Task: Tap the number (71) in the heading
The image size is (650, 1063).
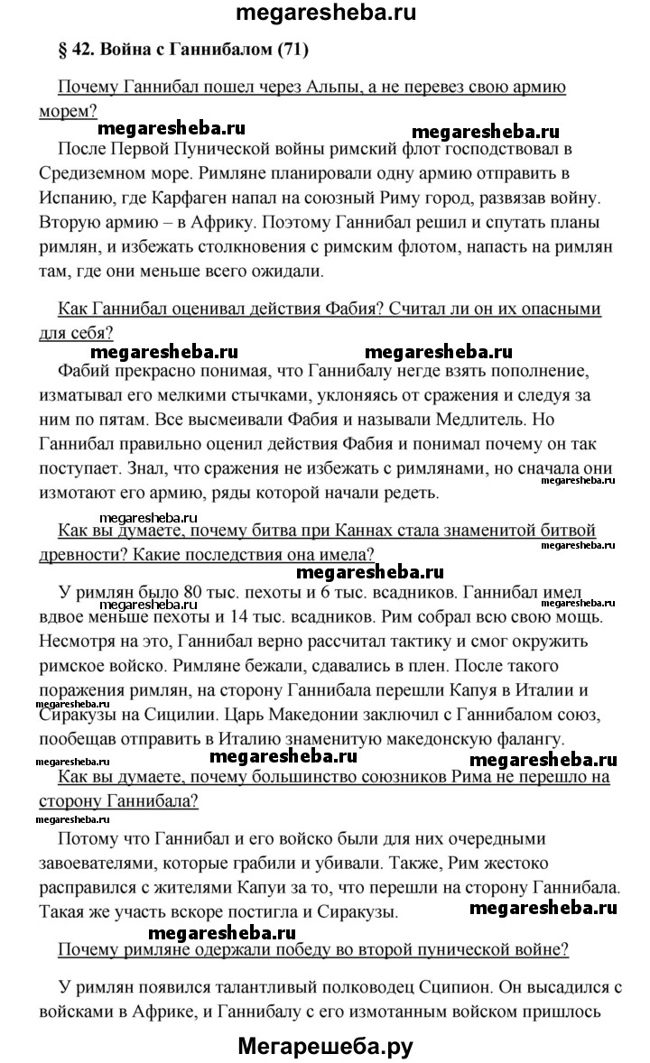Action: click(x=292, y=51)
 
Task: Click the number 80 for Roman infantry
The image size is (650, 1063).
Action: click(x=193, y=591)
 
